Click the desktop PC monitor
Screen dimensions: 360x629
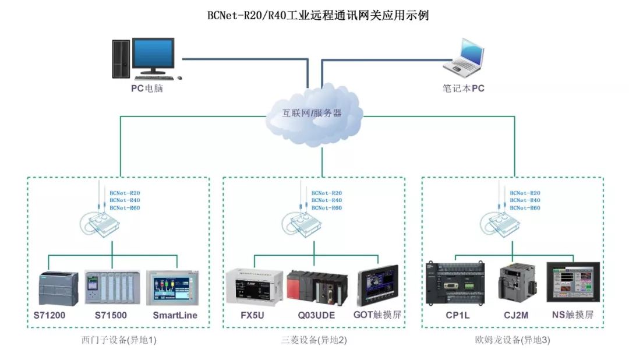pyautogui.click(x=153, y=57)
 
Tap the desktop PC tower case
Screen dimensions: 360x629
pyautogui.click(x=121, y=58)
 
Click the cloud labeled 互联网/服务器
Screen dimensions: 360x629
pyautogui.click(x=312, y=114)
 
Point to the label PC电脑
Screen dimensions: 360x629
pyautogui.click(x=146, y=89)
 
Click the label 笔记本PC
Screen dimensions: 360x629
pyautogui.click(x=463, y=89)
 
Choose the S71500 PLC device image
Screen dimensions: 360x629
pyautogui.click(x=112, y=287)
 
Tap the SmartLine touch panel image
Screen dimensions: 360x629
pyautogui.click(x=172, y=287)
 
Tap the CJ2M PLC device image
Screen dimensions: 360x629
pyautogui.click(x=516, y=283)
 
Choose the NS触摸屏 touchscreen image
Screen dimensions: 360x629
pyautogui.click(x=573, y=281)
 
